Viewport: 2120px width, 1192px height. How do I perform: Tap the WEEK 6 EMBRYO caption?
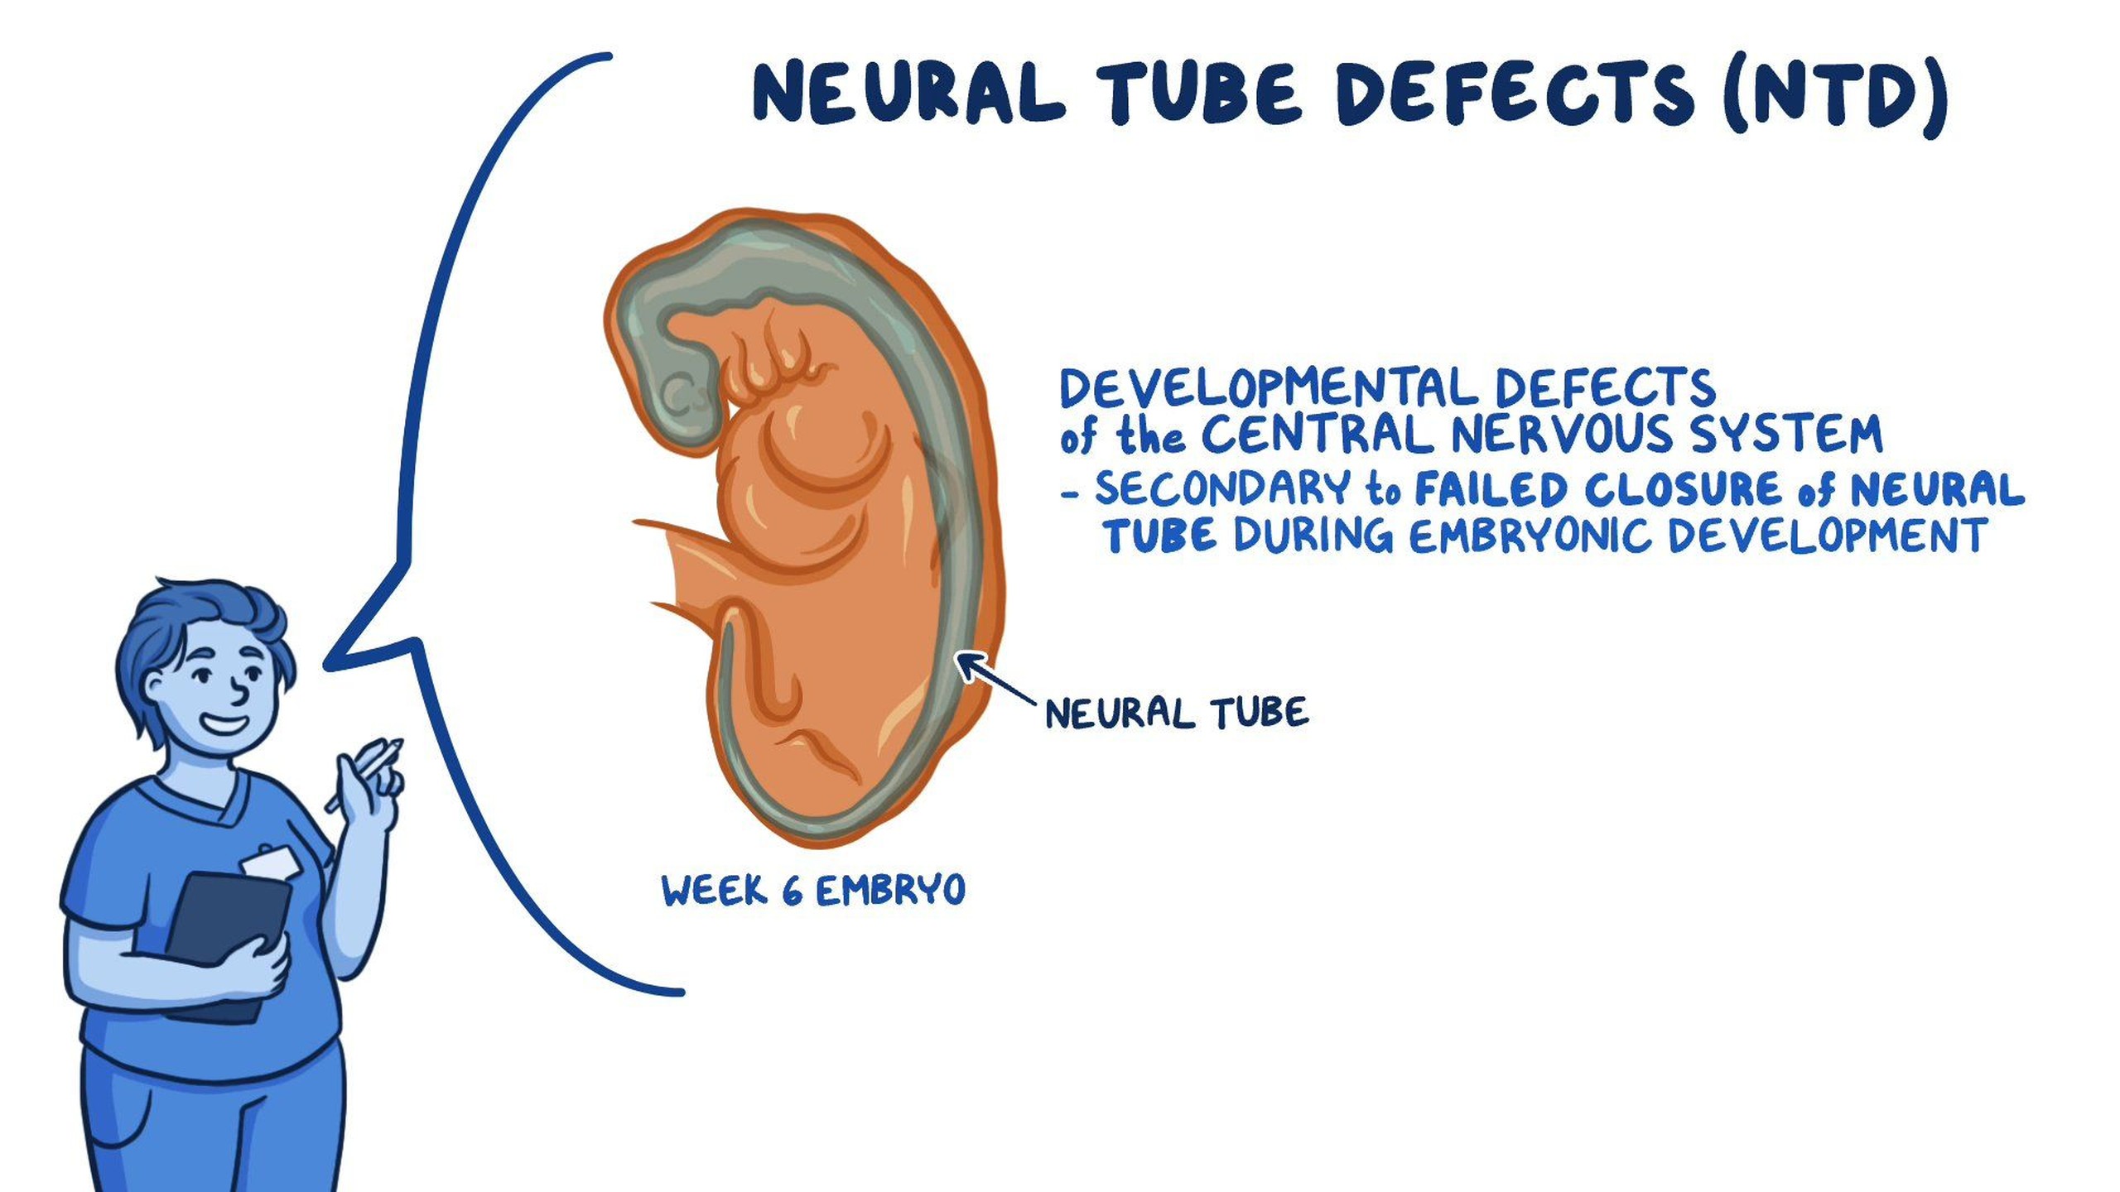point(813,891)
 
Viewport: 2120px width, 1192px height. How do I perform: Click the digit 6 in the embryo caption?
point(792,892)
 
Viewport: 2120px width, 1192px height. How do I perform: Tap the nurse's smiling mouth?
point(224,725)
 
